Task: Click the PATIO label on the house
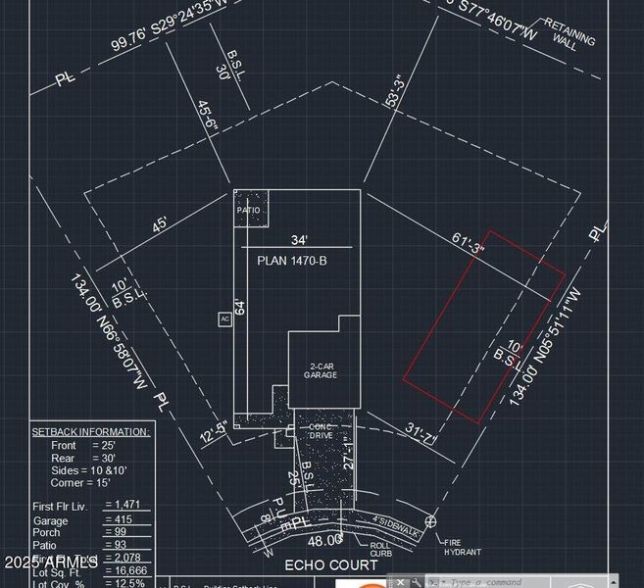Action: pos(248,209)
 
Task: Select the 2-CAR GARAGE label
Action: pos(321,369)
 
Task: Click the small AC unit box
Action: pos(224,318)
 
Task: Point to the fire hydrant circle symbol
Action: pos(430,521)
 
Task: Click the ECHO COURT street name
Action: pos(330,565)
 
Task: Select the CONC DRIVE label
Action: pos(322,430)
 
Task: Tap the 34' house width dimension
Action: pos(299,240)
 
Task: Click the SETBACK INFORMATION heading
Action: pos(90,431)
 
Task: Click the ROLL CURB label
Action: pos(380,550)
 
